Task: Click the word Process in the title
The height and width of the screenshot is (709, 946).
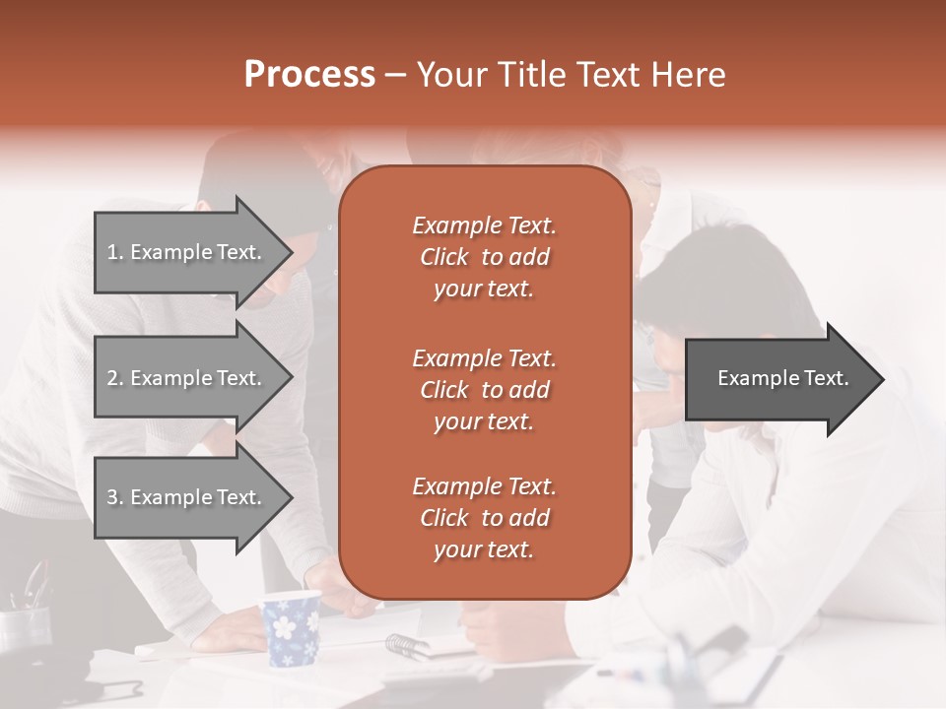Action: [x=309, y=75]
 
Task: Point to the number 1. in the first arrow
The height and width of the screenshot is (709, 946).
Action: [x=115, y=252]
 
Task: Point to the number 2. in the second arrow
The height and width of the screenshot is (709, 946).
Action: [x=115, y=378]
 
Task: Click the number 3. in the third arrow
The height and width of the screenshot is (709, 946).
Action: [x=115, y=497]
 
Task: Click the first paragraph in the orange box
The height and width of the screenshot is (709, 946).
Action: [x=484, y=257]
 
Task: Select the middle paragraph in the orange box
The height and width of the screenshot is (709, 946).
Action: [x=484, y=390]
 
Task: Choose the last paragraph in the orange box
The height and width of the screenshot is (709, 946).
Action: [x=484, y=518]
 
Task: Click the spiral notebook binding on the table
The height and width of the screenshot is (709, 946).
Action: [x=405, y=646]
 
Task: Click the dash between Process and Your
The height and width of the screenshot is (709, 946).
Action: [x=395, y=76]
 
